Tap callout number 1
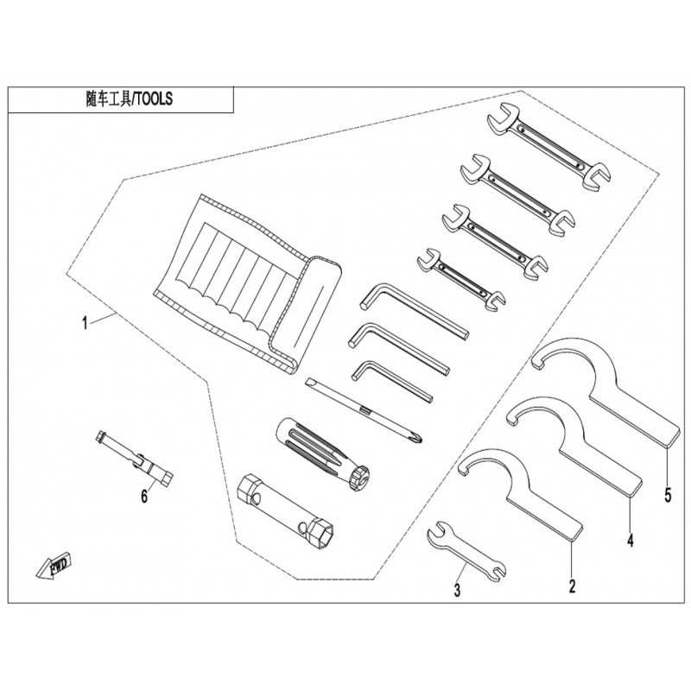point(85,324)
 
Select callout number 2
point(572,586)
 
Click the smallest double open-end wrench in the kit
point(460,279)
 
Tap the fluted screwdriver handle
point(322,454)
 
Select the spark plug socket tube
point(285,511)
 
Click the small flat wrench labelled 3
point(466,552)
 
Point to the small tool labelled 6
point(135,459)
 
